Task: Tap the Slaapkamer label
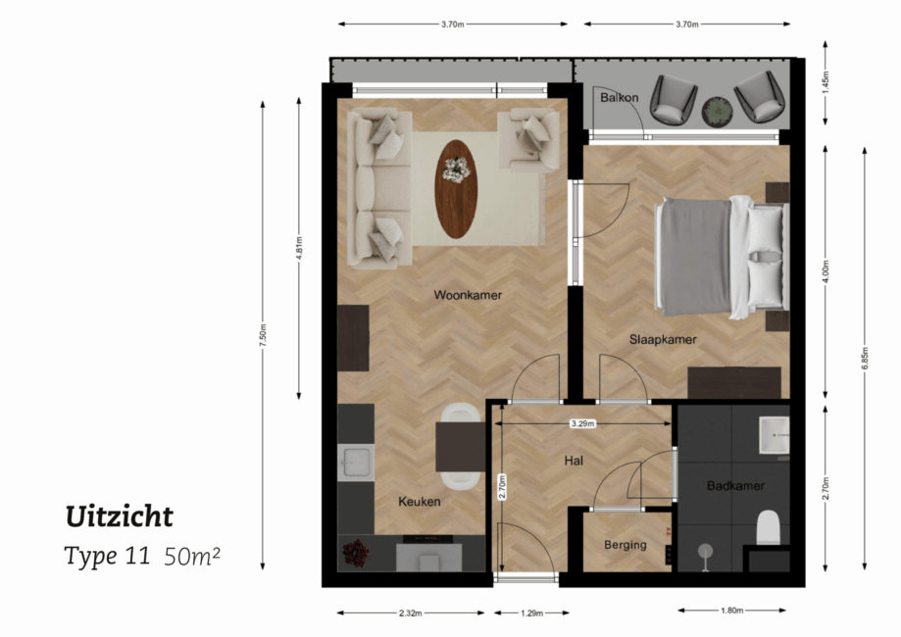click(663, 340)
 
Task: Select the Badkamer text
click(734, 486)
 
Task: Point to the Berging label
click(625, 545)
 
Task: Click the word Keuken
click(419, 502)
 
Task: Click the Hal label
click(574, 461)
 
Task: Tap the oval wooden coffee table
click(456, 188)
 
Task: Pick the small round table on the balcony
click(718, 110)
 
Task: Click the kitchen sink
click(355, 462)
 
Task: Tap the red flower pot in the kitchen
click(355, 555)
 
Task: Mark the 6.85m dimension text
click(864, 358)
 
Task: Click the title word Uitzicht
click(119, 516)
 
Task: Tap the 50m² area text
click(192, 556)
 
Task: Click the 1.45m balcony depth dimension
click(826, 78)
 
